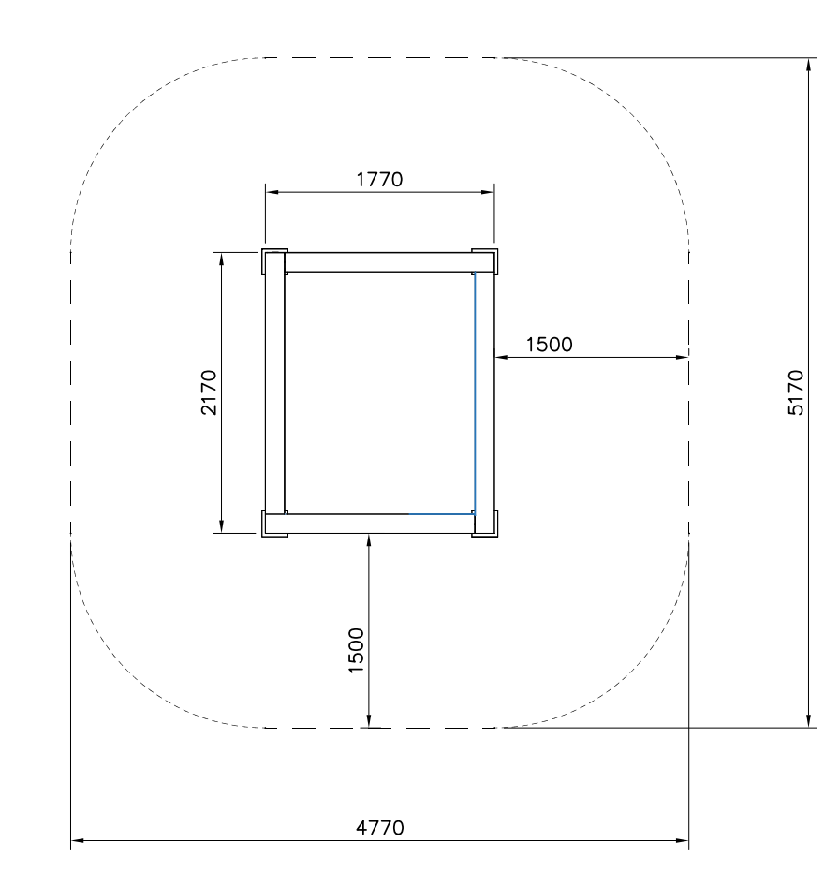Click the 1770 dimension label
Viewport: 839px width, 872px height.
tap(379, 180)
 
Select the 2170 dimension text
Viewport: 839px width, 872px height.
tap(209, 392)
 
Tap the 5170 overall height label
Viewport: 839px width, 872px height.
tap(796, 392)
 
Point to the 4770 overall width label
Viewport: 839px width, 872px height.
tap(380, 828)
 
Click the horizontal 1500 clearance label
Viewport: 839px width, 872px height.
tap(550, 345)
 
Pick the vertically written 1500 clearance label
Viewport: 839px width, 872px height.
tap(356, 651)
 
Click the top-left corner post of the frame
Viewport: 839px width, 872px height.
tap(274, 262)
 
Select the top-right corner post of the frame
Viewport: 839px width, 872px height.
tap(485, 262)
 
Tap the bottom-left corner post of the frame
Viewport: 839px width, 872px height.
tap(274, 524)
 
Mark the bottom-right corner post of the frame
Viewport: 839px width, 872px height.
tap(485, 524)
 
